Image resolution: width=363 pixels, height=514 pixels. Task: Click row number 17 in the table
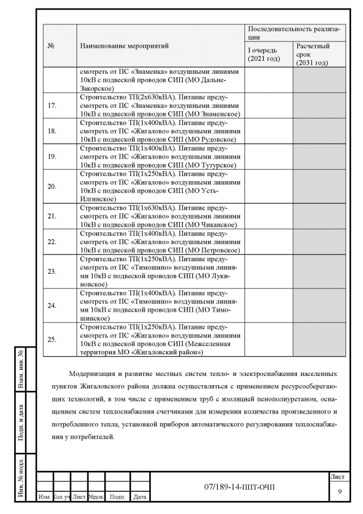(x=52, y=106)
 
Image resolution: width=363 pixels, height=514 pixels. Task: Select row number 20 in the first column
(x=52, y=186)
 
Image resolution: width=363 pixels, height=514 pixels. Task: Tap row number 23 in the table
(x=52, y=271)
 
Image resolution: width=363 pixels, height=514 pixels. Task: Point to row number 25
(x=52, y=340)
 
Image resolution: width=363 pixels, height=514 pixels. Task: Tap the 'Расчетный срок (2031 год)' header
(x=313, y=54)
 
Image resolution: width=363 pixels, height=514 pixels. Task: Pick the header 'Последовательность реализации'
(x=293, y=32)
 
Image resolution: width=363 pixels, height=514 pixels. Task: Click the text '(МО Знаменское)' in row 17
(x=213, y=114)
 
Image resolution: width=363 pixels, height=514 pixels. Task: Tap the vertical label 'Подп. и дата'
(x=20, y=423)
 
